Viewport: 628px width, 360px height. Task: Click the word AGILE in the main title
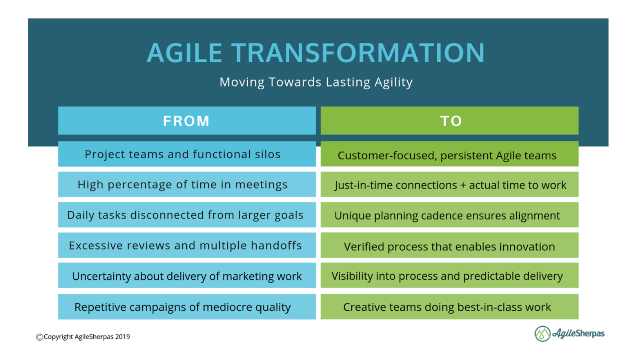point(184,53)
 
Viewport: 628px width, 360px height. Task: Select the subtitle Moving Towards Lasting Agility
point(316,82)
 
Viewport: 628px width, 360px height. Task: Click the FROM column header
point(187,121)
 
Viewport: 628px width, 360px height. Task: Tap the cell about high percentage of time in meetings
point(183,185)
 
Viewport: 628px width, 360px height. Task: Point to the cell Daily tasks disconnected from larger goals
point(185,215)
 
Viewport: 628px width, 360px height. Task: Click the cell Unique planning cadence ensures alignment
point(447,215)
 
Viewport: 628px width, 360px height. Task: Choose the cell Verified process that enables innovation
point(449,247)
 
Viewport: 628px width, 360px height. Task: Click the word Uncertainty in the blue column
point(102,277)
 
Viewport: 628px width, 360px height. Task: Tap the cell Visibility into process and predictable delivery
point(447,276)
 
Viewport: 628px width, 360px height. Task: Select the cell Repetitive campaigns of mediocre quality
point(183,307)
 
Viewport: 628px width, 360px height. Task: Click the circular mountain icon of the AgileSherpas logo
point(542,334)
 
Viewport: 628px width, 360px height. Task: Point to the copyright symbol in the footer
point(39,337)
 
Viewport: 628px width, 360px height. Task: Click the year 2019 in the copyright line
point(122,337)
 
